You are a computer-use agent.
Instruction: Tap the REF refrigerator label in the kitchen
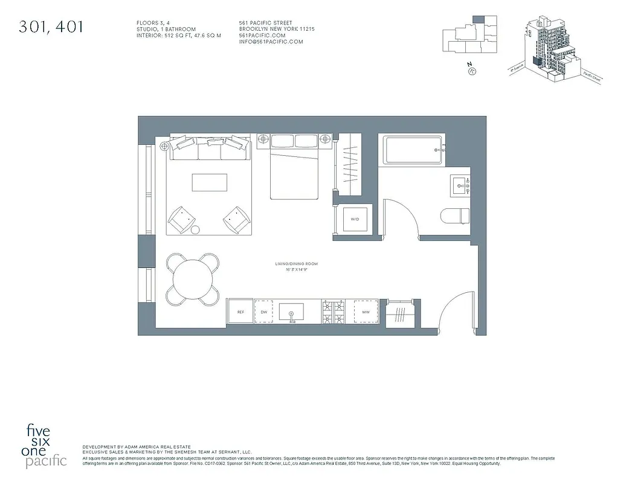(240, 312)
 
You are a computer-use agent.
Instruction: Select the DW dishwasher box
(264, 312)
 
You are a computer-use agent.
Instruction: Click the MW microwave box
(366, 312)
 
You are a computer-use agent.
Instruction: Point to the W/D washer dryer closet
(355, 220)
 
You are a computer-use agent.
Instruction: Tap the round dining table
(193, 279)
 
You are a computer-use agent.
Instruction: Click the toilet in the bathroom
(457, 217)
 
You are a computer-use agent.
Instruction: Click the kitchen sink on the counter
(292, 312)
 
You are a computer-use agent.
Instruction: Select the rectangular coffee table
(210, 183)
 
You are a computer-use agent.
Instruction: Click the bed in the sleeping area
(294, 169)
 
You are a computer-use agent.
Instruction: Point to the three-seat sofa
(209, 147)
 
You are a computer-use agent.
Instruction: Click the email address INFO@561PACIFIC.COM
(271, 42)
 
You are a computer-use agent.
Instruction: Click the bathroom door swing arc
(402, 217)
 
